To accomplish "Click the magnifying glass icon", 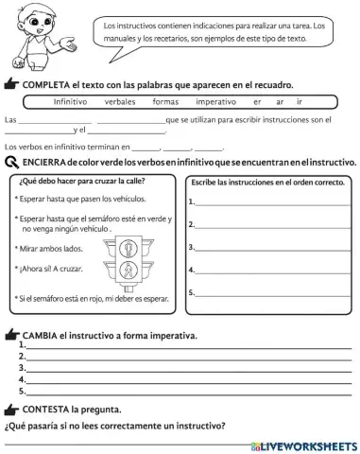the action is [10, 164].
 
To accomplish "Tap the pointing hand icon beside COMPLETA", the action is [11, 84].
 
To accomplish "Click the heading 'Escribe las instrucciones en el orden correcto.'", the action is [268, 181].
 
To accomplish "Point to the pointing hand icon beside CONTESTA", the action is [11, 410].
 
